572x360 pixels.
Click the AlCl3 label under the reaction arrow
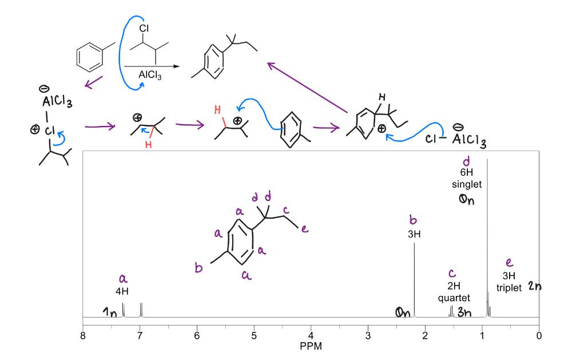pyautogui.click(x=150, y=75)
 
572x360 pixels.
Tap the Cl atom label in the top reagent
pyautogui.click(x=144, y=29)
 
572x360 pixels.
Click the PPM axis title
pyautogui.click(x=311, y=346)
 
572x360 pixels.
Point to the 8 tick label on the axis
pyautogui.click(x=83, y=335)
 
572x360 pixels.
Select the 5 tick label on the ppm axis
pyautogui.click(x=254, y=335)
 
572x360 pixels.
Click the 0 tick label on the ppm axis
pyautogui.click(x=539, y=335)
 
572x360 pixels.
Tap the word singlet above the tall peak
pyautogui.click(x=467, y=184)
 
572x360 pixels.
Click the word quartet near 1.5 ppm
pyautogui.click(x=454, y=298)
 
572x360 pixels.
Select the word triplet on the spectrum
pyautogui.click(x=509, y=288)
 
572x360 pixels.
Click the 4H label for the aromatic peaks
pyautogui.click(x=122, y=291)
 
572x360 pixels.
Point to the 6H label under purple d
pyautogui.click(x=467, y=172)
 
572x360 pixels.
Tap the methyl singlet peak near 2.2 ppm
pyautogui.click(x=414, y=280)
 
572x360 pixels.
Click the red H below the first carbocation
pyautogui.click(x=148, y=145)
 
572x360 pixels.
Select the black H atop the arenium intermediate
pyautogui.click(x=382, y=97)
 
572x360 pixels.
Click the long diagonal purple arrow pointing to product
pyautogui.click(x=307, y=88)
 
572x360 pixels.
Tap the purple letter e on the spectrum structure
pyautogui.click(x=304, y=229)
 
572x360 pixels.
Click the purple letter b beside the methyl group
pyautogui.click(x=198, y=268)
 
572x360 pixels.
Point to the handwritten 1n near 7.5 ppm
pyautogui.click(x=109, y=312)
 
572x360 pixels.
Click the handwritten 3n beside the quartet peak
pyautogui.click(x=464, y=312)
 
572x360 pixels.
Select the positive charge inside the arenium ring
pyautogui.click(x=381, y=129)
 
